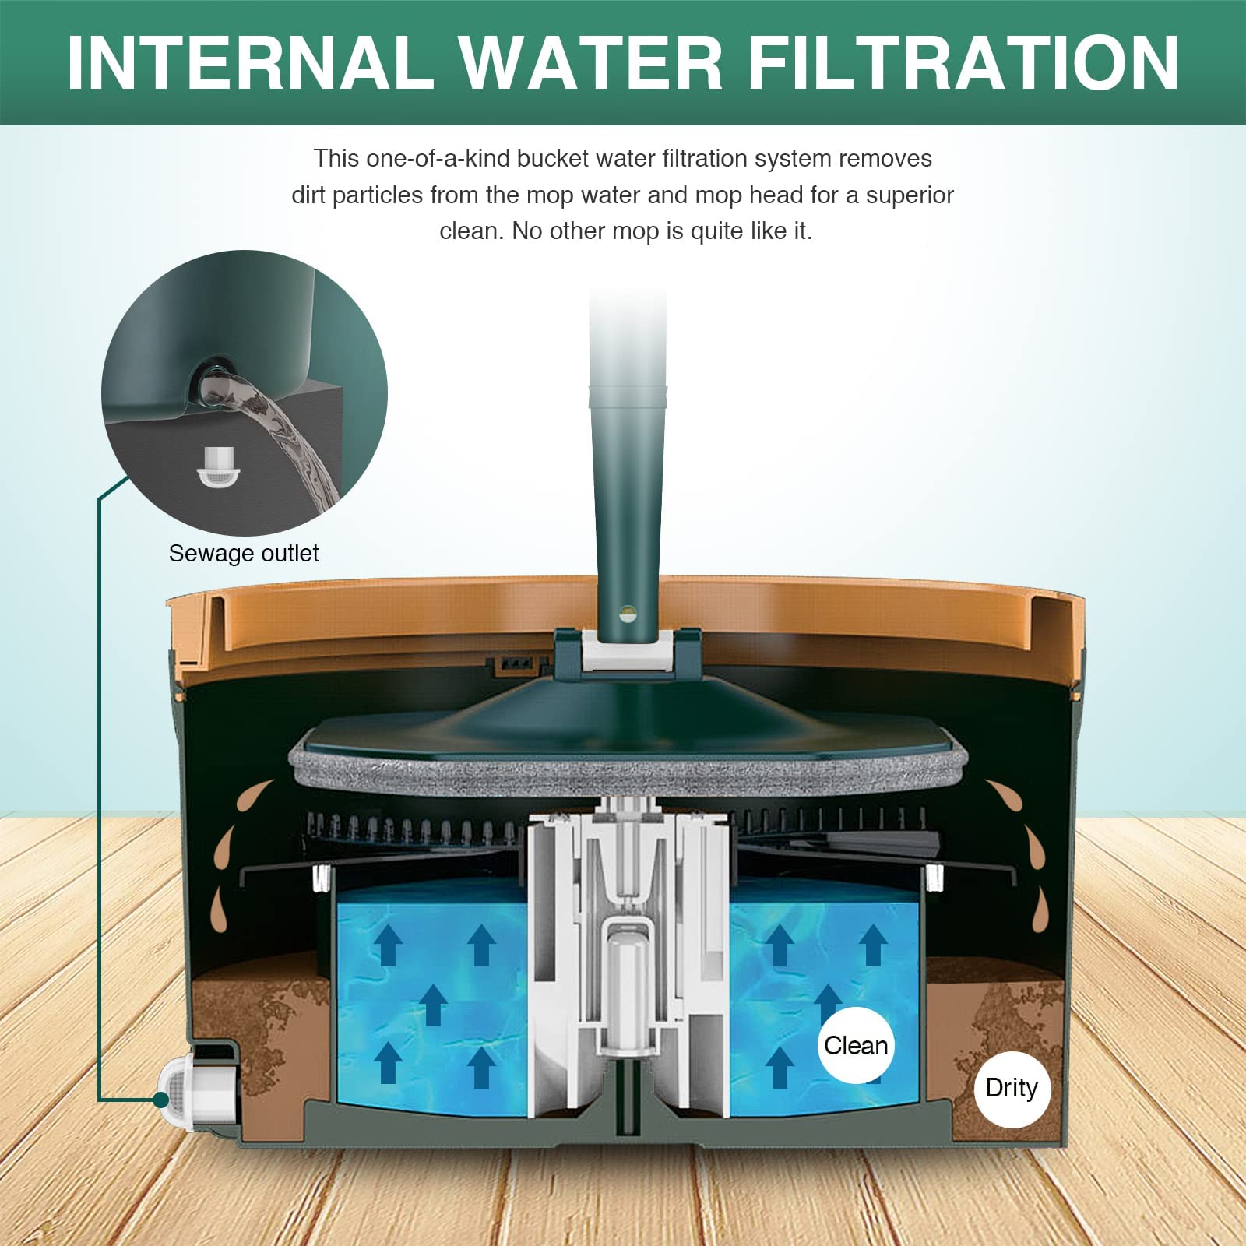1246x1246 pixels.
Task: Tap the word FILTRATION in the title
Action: coord(963,63)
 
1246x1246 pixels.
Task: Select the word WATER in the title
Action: coord(591,63)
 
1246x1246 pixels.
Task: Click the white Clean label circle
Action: coord(856,1045)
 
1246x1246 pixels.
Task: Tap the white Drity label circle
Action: coord(1012,1088)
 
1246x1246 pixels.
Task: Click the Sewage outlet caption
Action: coord(244,553)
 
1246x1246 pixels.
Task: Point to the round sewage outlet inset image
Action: coord(245,392)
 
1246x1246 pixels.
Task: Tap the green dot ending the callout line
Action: coord(161,1100)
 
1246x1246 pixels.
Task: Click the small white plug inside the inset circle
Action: coord(212,466)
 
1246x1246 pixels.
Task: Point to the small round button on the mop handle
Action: coord(628,614)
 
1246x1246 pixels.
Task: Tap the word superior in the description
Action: coord(910,195)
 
